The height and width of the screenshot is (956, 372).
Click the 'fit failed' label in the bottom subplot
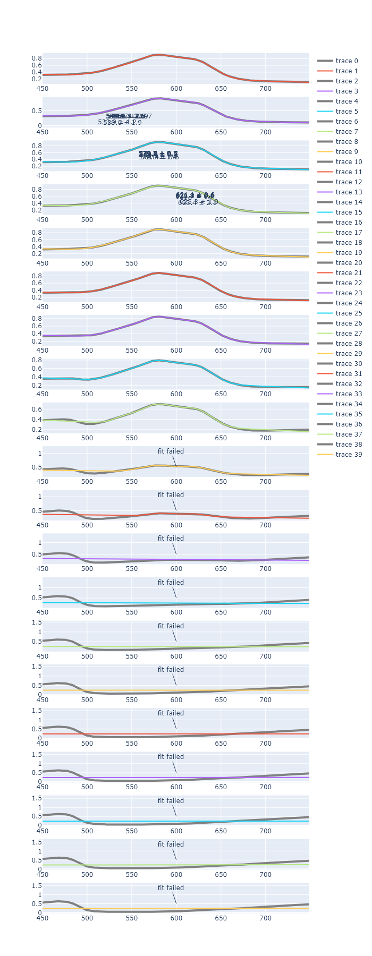(x=171, y=888)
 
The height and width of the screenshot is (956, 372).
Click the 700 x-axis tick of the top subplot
(x=265, y=89)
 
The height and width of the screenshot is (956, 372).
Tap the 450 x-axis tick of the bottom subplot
(x=43, y=918)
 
